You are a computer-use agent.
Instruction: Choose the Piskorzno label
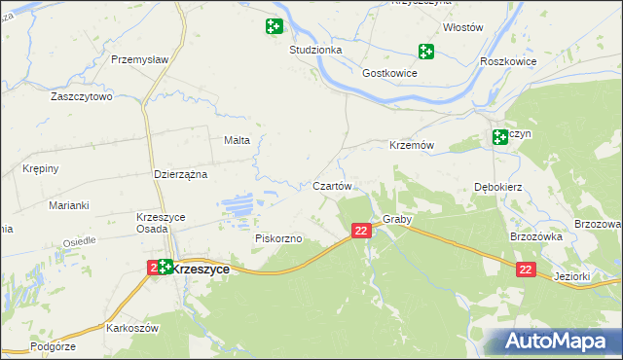pos(279,238)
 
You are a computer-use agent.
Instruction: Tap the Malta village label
pos(238,140)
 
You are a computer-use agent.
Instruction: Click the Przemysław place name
pos(141,59)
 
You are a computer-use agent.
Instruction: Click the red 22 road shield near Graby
pos(361,231)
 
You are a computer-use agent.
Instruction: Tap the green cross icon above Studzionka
pos(274,26)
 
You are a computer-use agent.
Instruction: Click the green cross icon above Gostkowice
pos(425,51)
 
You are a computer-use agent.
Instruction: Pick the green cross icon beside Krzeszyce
pos(165,266)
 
